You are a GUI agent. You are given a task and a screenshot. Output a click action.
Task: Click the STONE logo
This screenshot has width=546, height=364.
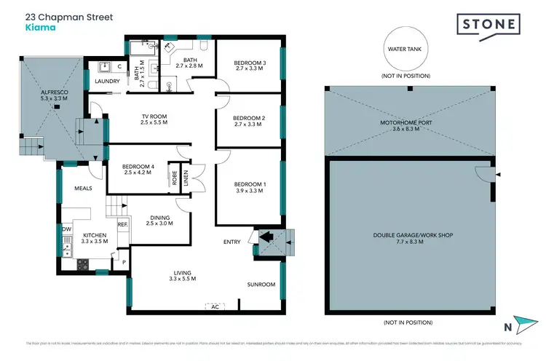[x=489, y=25]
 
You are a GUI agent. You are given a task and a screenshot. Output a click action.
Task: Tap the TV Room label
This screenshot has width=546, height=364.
[x=154, y=119]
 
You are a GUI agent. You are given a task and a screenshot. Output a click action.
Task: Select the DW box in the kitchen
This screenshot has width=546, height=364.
[x=66, y=229]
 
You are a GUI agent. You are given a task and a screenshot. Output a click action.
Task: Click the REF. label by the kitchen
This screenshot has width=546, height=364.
[x=122, y=224]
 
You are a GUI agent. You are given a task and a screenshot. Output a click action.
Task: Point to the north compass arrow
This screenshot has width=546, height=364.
[x=523, y=322]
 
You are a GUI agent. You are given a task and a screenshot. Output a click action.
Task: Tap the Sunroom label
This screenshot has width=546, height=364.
[x=260, y=284]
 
